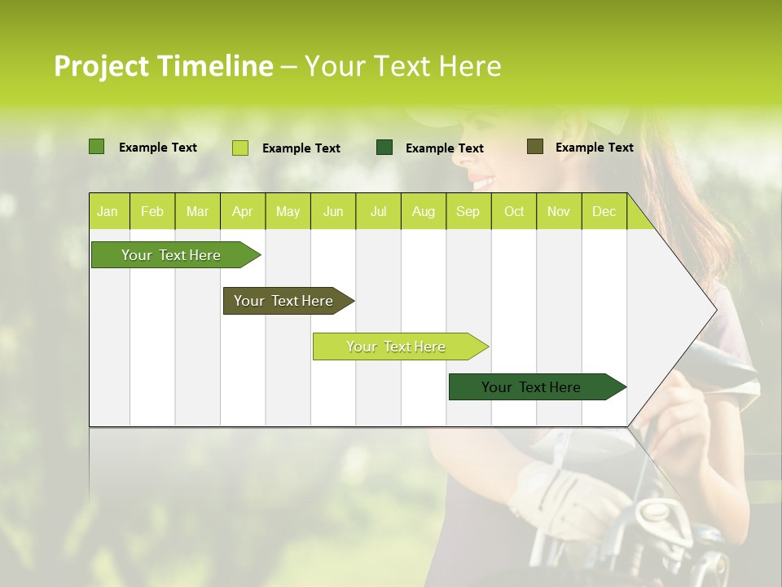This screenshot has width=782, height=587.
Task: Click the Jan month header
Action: [x=108, y=212]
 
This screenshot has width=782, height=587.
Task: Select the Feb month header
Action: [x=152, y=212]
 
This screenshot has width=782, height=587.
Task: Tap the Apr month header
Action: [x=243, y=212]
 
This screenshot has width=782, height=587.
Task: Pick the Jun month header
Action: [x=333, y=212]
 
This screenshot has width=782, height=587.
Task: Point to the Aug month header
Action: [x=424, y=212]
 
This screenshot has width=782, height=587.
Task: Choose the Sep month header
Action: [x=468, y=212]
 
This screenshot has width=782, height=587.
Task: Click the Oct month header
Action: [x=514, y=212]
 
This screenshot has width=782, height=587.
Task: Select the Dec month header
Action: [x=604, y=212]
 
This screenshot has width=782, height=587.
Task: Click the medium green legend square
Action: [x=96, y=147]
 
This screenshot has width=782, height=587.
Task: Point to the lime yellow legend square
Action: [x=239, y=148]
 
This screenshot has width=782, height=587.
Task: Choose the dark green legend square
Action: [x=384, y=148]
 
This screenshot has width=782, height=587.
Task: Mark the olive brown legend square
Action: [x=534, y=147]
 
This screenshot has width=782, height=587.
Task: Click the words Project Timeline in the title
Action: [x=163, y=66]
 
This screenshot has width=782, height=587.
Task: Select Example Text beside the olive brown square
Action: [x=594, y=148]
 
